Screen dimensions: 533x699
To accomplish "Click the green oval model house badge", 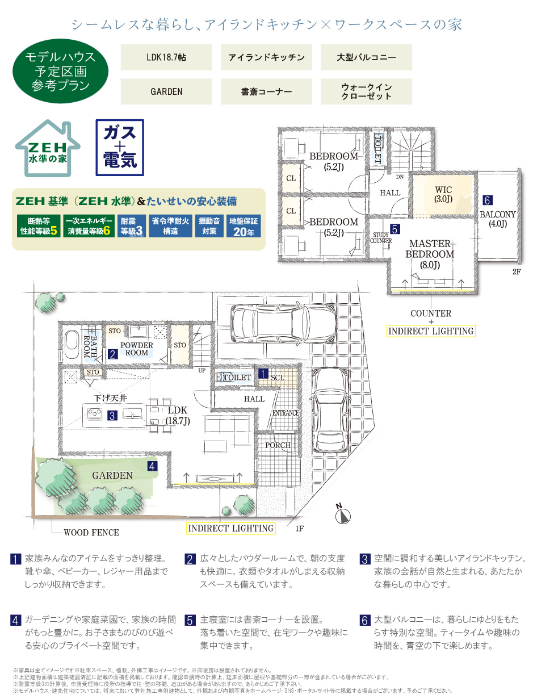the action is pyautogui.click(x=60, y=71).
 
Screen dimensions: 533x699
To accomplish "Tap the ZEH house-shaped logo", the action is pyautogui.click(x=48, y=148).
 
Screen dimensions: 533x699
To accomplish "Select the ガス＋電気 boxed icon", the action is pyautogui.click(x=120, y=148).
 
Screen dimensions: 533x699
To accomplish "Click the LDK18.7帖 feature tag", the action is pyautogui.click(x=166, y=57).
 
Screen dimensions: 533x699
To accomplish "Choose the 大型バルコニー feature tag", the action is pyautogui.click(x=366, y=57).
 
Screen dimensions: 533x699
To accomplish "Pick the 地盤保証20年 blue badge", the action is pyautogui.click(x=244, y=226).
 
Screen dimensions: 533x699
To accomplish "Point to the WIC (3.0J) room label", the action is pyautogui.click(x=443, y=195).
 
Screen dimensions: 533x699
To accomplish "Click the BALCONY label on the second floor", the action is pyautogui.click(x=498, y=214).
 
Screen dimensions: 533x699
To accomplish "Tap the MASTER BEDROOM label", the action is pyautogui.click(x=430, y=249).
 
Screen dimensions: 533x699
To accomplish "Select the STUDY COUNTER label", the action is pyautogui.click(x=381, y=238).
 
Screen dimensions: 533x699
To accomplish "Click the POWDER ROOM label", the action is pyautogui.click(x=136, y=349).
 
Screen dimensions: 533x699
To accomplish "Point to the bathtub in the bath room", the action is pyautogui.click(x=72, y=345).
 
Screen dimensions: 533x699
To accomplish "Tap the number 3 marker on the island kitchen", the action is pyautogui.click(x=112, y=415).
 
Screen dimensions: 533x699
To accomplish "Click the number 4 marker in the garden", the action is pyautogui.click(x=152, y=466).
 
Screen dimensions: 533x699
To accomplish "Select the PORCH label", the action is pyautogui.click(x=278, y=445).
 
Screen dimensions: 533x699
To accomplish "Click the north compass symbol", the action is pyautogui.click(x=342, y=513).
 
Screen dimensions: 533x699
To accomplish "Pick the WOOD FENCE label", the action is pyautogui.click(x=91, y=533).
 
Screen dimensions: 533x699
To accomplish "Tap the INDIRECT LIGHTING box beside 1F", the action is pyautogui.click(x=230, y=528).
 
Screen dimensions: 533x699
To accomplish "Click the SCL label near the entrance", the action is pyautogui.click(x=278, y=378).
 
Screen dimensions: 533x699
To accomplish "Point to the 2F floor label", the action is pyautogui.click(x=517, y=271).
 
